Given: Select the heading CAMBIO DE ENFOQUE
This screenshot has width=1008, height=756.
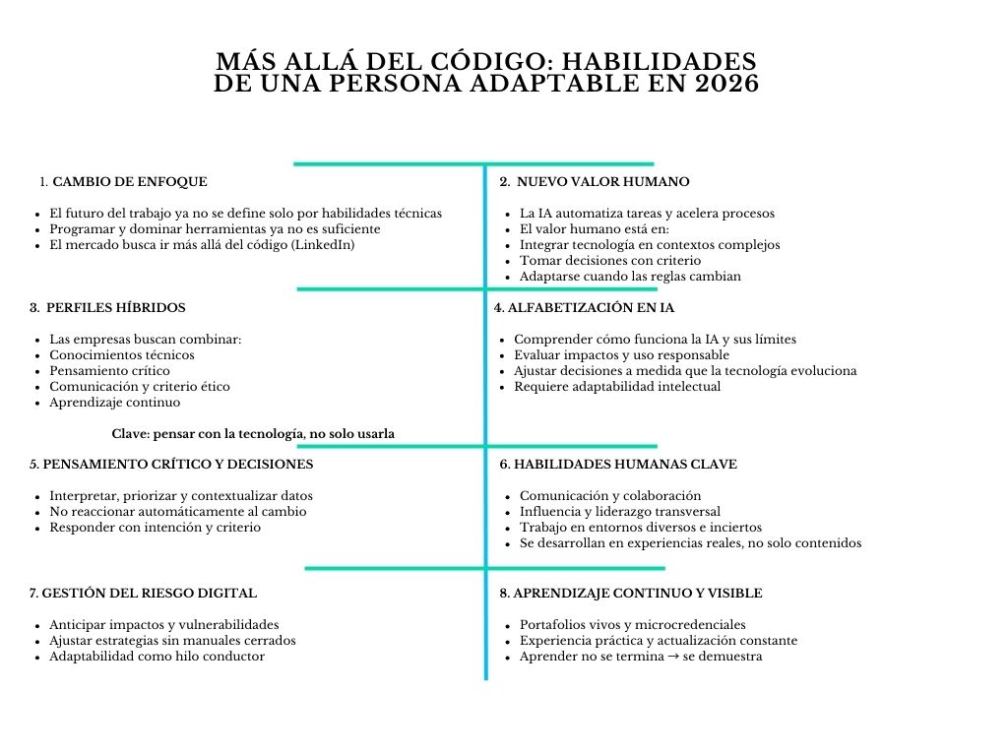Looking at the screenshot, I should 130,182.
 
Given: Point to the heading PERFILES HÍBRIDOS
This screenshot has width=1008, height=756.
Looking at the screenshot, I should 116,308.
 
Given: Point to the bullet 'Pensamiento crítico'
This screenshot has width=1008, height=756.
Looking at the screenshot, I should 109,371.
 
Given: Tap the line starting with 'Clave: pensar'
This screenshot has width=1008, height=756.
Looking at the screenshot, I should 253,434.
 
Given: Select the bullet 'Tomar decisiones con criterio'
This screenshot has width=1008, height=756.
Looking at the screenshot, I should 610,261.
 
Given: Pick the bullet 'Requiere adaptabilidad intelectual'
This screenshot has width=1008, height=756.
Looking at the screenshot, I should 617,387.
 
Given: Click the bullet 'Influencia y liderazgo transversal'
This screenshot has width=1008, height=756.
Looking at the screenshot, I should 620,512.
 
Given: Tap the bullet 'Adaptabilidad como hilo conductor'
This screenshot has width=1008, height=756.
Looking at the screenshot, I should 157,657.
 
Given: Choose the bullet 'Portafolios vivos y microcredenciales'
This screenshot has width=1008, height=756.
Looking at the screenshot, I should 632,625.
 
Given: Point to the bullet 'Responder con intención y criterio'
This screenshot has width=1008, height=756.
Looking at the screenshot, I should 156,528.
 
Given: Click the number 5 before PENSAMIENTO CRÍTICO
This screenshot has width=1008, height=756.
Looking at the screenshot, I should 33,465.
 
